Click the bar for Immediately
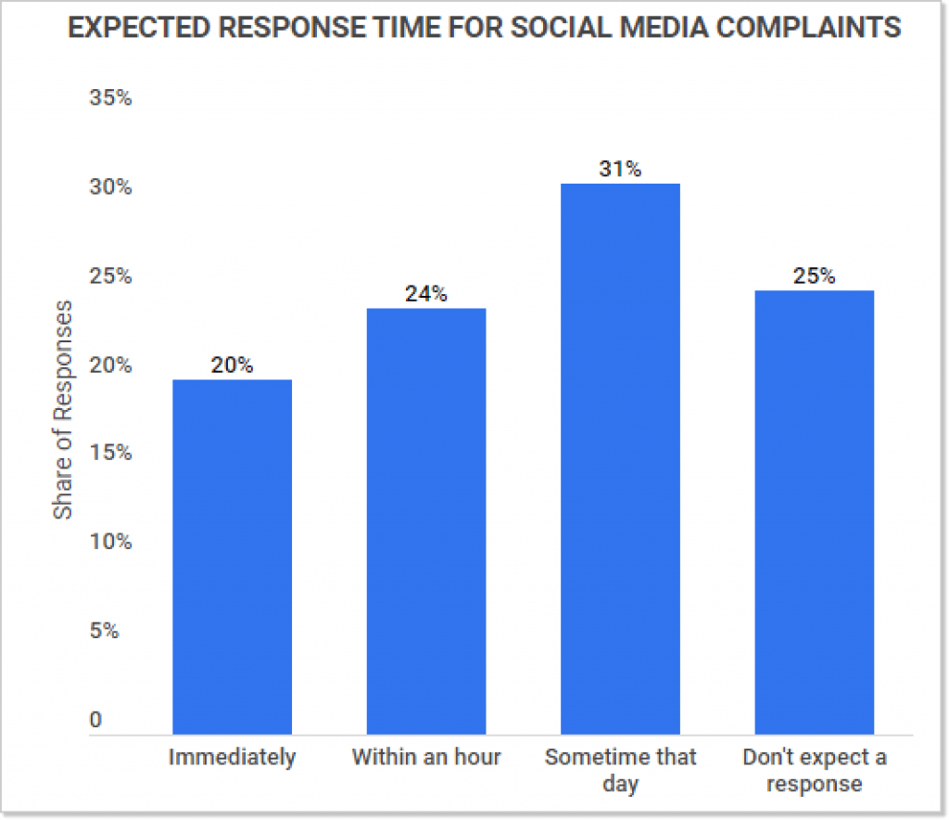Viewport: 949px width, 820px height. [233, 557]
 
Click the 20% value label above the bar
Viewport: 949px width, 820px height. [232, 365]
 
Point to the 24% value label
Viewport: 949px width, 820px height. [426, 294]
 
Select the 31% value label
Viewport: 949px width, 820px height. [620, 169]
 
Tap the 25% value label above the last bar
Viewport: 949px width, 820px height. [814, 275]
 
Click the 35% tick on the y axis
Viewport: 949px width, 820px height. [110, 98]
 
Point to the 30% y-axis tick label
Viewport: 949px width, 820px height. [110, 187]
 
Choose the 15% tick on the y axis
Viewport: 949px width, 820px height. [110, 454]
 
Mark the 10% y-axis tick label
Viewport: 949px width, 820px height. [110, 542]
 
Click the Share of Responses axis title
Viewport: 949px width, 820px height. [62, 408]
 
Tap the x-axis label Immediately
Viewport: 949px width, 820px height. [233, 757]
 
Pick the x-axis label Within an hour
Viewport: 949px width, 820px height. [426, 757]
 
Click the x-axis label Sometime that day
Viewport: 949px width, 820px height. [620, 770]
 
